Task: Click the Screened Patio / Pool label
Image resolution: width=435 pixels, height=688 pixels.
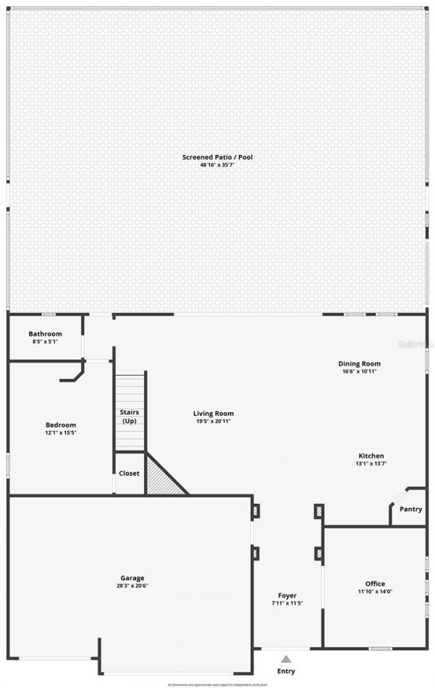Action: click(217, 157)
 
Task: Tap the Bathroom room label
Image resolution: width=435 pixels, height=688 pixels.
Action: click(45, 333)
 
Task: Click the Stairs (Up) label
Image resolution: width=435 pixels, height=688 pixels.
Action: click(129, 416)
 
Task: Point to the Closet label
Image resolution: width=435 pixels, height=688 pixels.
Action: click(129, 473)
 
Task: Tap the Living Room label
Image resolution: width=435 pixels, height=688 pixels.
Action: click(213, 413)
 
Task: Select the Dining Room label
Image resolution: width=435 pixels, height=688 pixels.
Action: click(360, 363)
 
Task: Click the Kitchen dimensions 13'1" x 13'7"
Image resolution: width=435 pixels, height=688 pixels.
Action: click(372, 464)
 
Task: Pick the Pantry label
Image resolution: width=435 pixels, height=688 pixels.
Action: click(411, 509)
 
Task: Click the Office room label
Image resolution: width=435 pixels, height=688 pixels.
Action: click(375, 583)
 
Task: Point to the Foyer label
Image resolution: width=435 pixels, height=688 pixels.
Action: click(288, 596)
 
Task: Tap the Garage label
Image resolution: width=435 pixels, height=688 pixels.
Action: click(133, 578)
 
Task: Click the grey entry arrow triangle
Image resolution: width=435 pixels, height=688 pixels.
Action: click(286, 658)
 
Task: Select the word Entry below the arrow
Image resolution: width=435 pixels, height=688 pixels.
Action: click(286, 672)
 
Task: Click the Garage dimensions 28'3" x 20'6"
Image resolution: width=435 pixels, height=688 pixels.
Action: click(133, 586)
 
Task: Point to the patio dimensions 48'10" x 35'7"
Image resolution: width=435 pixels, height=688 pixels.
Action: click(217, 165)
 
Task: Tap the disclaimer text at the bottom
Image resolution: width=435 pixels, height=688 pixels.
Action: click(217, 685)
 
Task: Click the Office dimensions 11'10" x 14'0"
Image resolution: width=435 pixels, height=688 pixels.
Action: click(375, 592)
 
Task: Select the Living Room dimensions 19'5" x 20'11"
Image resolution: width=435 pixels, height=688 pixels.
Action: click(213, 421)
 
